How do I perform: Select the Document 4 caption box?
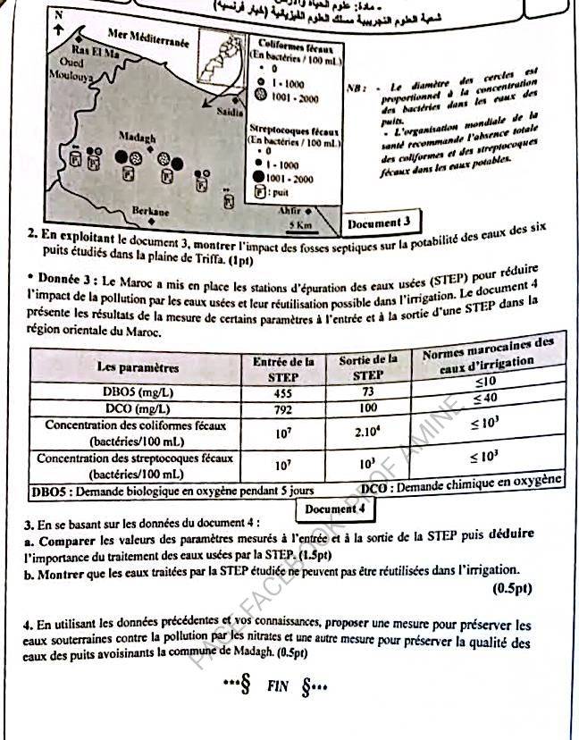click(x=335, y=509)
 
